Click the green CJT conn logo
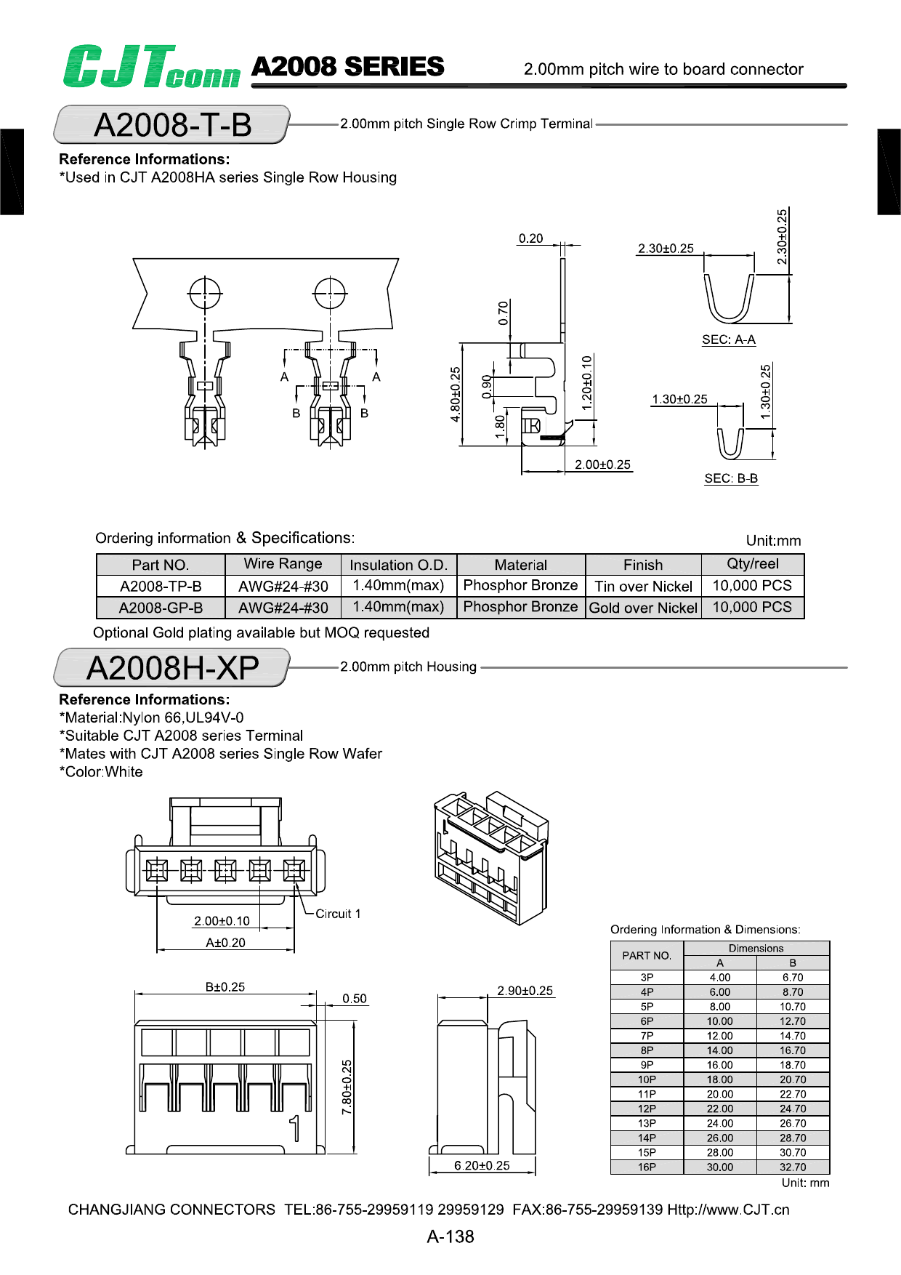(151, 67)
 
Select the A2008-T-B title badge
(172, 124)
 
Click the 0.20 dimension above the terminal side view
(530, 238)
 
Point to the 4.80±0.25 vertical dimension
(456, 394)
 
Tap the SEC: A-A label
(728, 339)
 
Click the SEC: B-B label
(730, 478)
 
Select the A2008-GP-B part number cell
(161, 608)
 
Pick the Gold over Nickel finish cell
(643, 608)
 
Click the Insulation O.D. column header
(398, 565)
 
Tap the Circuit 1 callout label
(338, 914)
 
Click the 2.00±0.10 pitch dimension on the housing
(222, 921)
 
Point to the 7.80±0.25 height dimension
(347, 1087)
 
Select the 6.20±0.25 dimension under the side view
(482, 1165)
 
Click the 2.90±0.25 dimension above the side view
(525, 991)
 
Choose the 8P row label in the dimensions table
(647, 1050)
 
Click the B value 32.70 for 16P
(793, 1167)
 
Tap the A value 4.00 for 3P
(719, 978)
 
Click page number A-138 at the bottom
(450, 1236)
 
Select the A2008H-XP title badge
(172, 667)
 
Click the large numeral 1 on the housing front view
(294, 1128)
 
